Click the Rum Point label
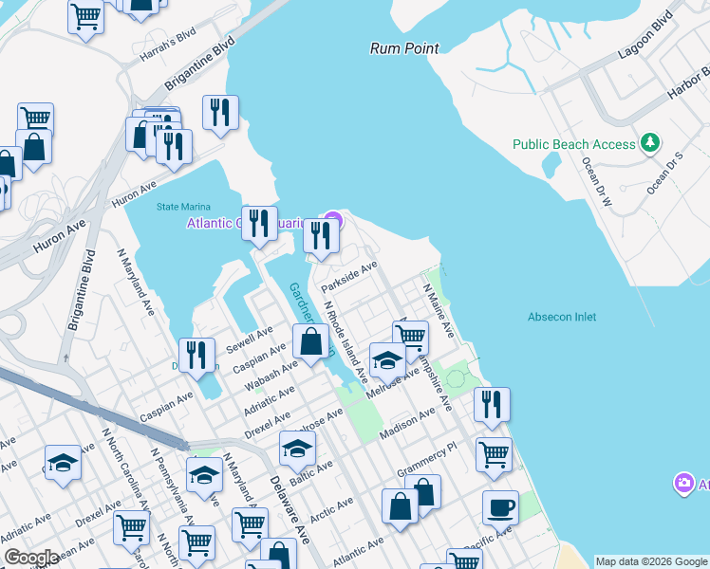[404, 47]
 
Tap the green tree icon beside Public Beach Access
[650, 143]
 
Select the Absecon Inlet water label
[562, 317]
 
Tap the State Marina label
[180, 207]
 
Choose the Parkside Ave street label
[349, 277]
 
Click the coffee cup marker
[500, 506]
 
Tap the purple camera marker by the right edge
[683, 484]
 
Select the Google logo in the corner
[31, 558]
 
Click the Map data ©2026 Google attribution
[651, 561]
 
